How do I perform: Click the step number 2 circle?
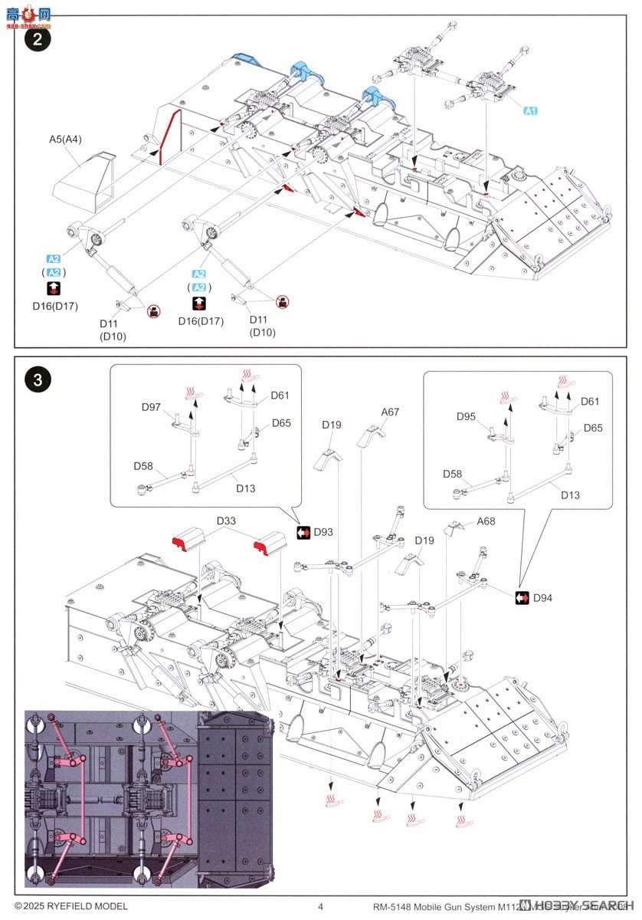click(37, 40)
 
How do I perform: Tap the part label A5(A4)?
click(66, 140)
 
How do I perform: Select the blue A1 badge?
click(530, 110)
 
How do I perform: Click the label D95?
click(467, 416)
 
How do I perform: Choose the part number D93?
click(323, 532)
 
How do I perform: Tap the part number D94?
click(543, 597)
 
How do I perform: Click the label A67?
click(391, 412)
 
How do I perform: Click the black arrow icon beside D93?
click(303, 532)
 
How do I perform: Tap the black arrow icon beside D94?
click(522, 597)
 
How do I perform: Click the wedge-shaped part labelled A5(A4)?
click(83, 181)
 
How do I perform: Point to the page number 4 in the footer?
click(320, 906)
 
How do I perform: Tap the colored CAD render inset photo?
click(149, 798)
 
